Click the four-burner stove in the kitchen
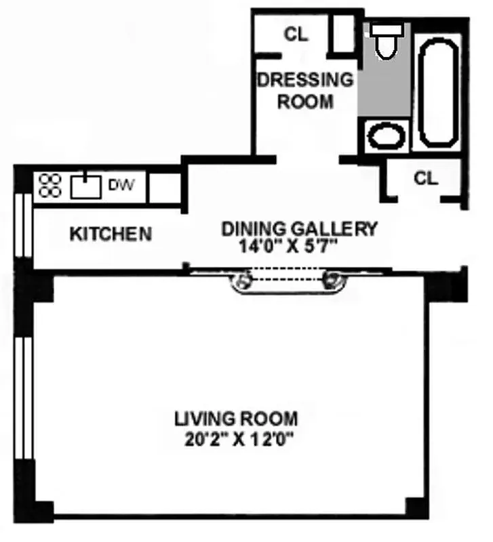51,185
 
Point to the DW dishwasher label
123,184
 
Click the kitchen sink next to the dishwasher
87,184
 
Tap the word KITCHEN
111,234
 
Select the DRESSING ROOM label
305,90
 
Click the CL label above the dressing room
296,35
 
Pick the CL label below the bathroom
426,178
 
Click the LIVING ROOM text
235,419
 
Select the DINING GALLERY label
298,229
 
